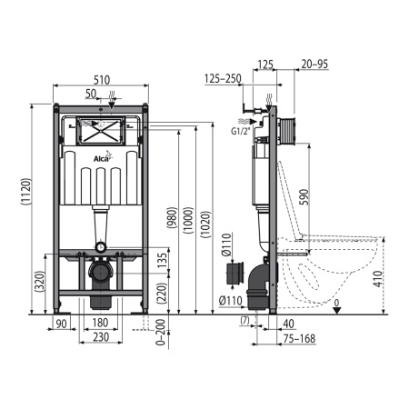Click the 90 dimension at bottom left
point(62,323)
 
